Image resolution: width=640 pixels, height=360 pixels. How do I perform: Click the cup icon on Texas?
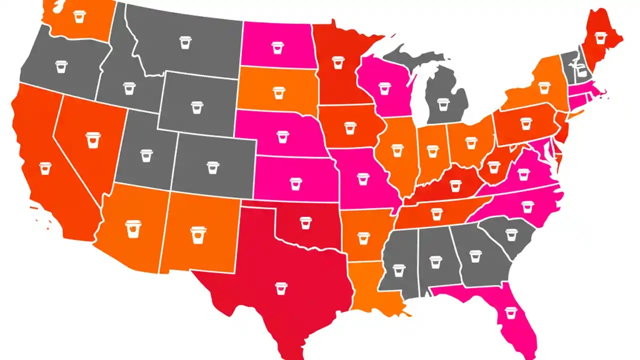281,288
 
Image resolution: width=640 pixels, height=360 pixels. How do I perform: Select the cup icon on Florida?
510,312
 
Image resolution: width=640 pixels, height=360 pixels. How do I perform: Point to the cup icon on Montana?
186,42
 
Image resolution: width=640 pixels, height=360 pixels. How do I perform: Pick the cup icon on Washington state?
79,16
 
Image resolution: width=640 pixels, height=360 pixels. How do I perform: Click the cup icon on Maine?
600,38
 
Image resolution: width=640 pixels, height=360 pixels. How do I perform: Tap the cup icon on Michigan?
443,104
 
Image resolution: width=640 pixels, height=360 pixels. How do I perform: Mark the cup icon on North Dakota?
277,48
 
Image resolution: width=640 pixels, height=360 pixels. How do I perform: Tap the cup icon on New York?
544,87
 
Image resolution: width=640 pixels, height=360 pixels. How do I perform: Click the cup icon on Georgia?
475,256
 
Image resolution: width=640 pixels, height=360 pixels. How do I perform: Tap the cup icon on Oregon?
61,66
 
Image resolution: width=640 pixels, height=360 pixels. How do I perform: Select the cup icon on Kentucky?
454,185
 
